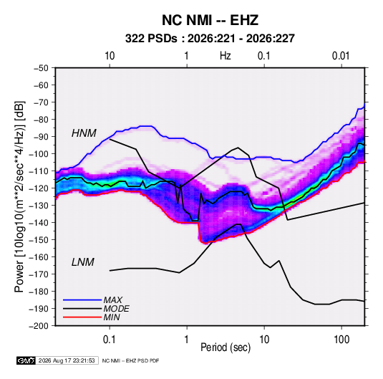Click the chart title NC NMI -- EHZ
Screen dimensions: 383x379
[x=210, y=20]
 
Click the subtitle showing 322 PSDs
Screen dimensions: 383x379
[x=210, y=39]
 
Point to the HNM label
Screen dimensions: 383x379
[x=84, y=133]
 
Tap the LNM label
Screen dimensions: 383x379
[x=83, y=262]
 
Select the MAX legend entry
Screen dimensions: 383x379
[x=112, y=299]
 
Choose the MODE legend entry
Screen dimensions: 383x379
[x=116, y=309]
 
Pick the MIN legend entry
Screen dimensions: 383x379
[x=112, y=317]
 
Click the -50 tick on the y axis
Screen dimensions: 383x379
[x=41, y=68]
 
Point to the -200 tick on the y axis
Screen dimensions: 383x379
[x=39, y=326]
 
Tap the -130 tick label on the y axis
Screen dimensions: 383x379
[x=39, y=206]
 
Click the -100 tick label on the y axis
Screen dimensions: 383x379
[x=39, y=154]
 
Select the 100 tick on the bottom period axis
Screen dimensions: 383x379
[x=341, y=340]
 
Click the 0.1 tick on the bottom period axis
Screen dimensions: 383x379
[x=110, y=340]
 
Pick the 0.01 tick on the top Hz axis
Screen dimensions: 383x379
[x=341, y=56]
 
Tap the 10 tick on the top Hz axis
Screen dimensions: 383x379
[x=110, y=56]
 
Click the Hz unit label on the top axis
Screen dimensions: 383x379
[x=226, y=56]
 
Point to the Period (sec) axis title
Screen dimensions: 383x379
[x=226, y=347]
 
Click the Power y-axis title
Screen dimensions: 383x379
[x=19, y=197]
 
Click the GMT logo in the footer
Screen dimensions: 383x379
[x=26, y=360]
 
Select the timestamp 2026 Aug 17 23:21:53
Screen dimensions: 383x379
[x=67, y=360]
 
